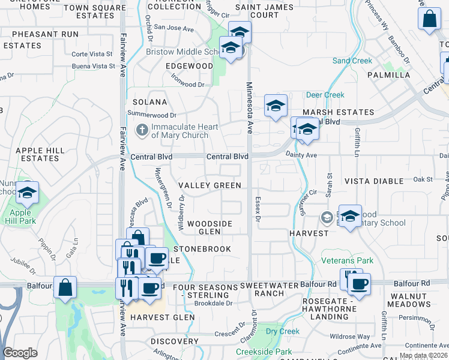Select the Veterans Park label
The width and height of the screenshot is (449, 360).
point(347,260)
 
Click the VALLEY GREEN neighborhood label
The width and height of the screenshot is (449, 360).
point(209,186)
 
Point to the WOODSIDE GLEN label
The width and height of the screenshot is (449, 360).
point(209,227)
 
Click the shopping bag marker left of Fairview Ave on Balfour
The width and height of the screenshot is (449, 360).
point(65,287)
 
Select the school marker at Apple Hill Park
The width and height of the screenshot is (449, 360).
point(27,193)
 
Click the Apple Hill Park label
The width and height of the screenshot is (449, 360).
point(23,217)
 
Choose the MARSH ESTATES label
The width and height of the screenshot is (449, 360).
point(339,112)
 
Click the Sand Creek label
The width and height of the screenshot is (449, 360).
point(352,61)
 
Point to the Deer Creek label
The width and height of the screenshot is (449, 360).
point(325,95)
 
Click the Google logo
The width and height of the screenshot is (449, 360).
point(20,353)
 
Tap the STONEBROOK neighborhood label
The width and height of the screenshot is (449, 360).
point(202,248)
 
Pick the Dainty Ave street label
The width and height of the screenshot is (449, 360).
point(303,155)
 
